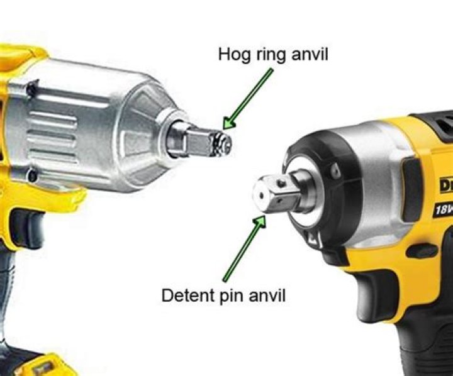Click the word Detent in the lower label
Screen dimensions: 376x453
coord(187,295)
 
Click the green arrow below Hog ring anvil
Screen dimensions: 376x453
coord(248,98)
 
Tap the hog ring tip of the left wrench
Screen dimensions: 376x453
coord(221,143)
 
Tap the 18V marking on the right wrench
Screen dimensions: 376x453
coord(442,208)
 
